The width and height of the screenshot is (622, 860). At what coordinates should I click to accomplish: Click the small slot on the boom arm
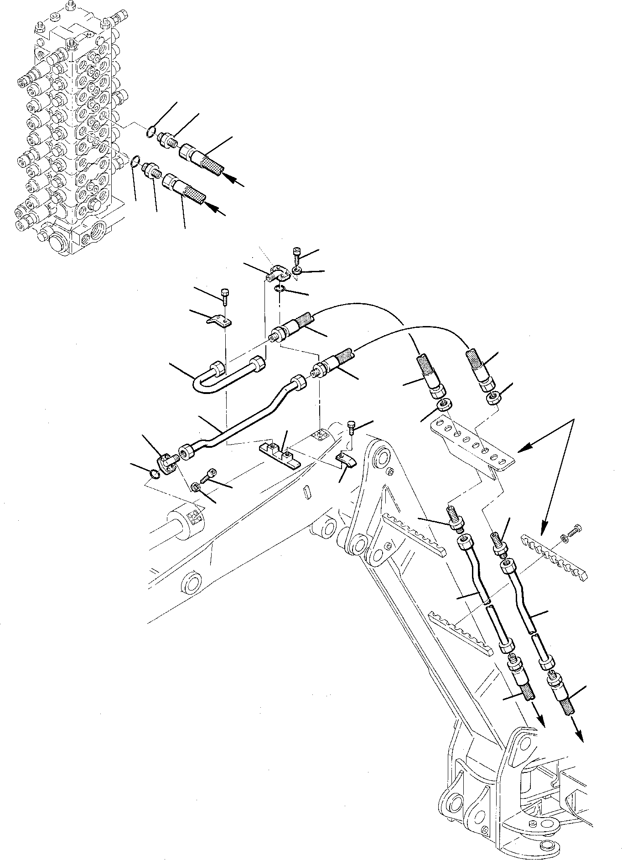[307, 492]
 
